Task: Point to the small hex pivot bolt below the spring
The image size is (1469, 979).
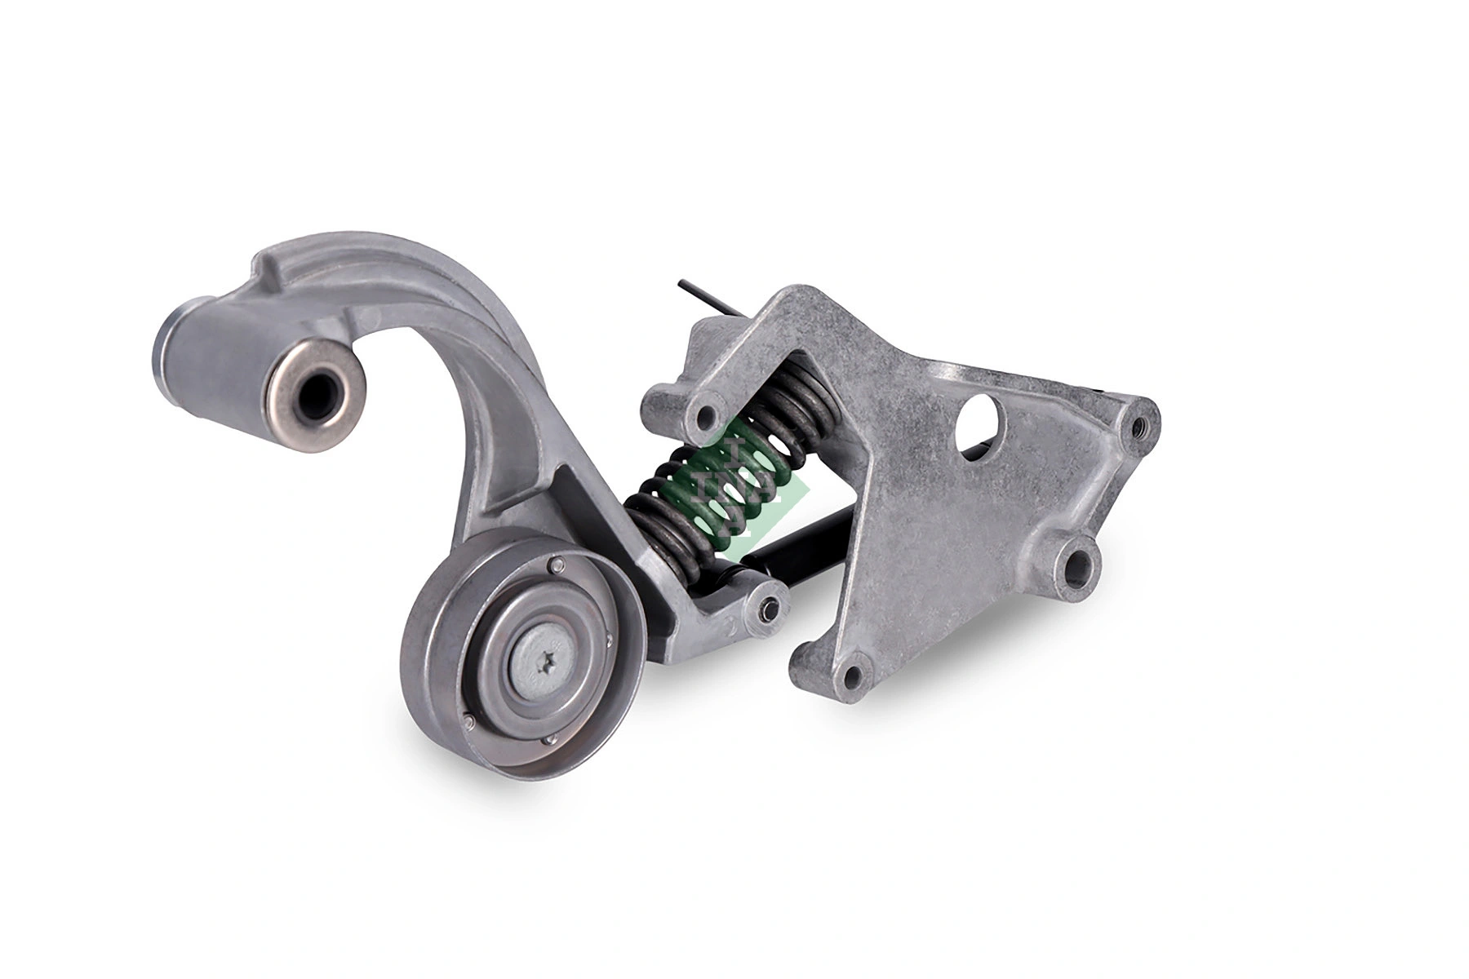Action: (x=767, y=605)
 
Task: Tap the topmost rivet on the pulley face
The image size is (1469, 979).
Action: (x=555, y=565)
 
